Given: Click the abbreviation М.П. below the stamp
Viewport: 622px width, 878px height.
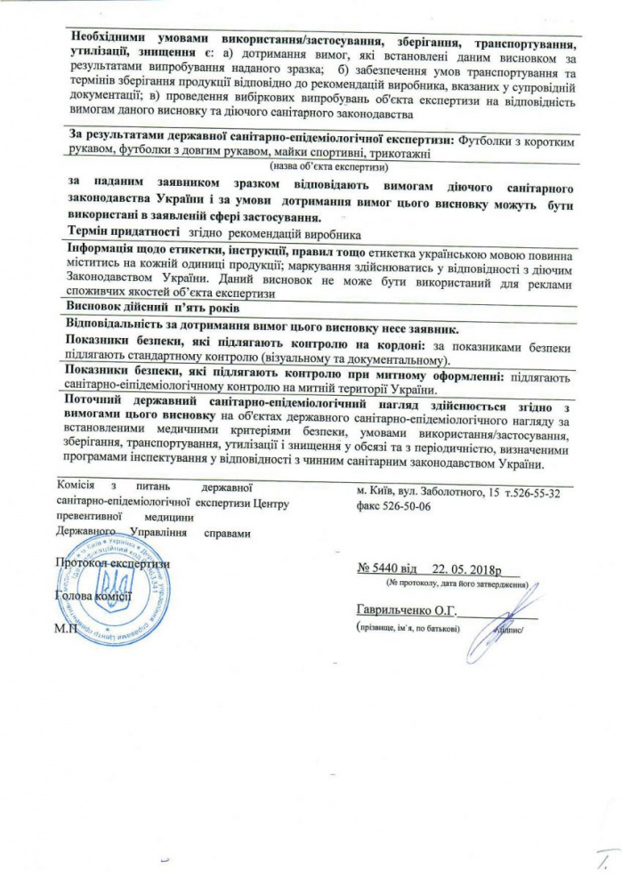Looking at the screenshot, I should coord(65,628).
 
